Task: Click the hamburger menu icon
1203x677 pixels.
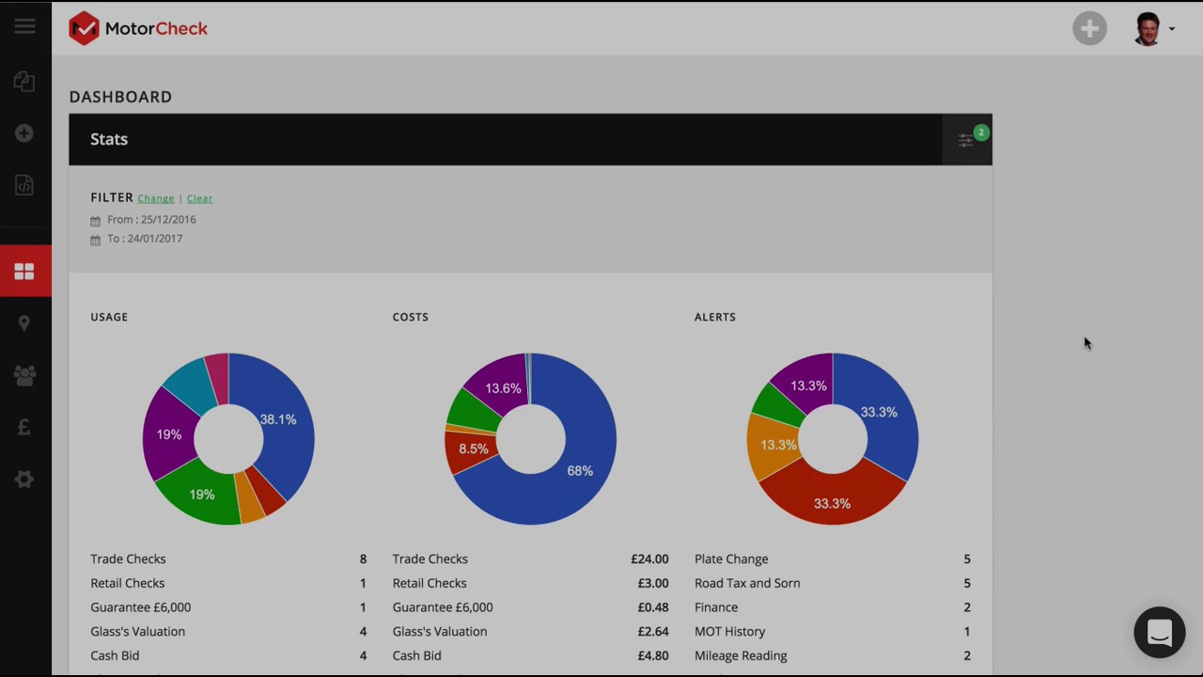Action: point(24,26)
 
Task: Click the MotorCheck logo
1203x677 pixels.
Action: point(138,28)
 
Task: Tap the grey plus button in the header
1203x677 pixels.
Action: point(1089,28)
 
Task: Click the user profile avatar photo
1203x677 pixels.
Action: point(1148,28)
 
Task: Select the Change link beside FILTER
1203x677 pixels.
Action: point(156,198)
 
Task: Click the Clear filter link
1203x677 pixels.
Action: point(199,198)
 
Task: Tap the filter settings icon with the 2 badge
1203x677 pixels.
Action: point(967,140)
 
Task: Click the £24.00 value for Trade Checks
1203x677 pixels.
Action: point(649,559)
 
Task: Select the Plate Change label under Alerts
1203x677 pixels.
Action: point(731,559)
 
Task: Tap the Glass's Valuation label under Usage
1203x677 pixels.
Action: point(137,631)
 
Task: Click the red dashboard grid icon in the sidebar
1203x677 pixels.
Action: point(24,272)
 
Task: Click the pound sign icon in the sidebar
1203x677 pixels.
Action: point(24,427)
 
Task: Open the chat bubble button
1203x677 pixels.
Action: point(1159,632)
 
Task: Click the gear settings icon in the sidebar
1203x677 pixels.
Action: point(24,480)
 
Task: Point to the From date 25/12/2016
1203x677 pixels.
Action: point(151,219)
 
